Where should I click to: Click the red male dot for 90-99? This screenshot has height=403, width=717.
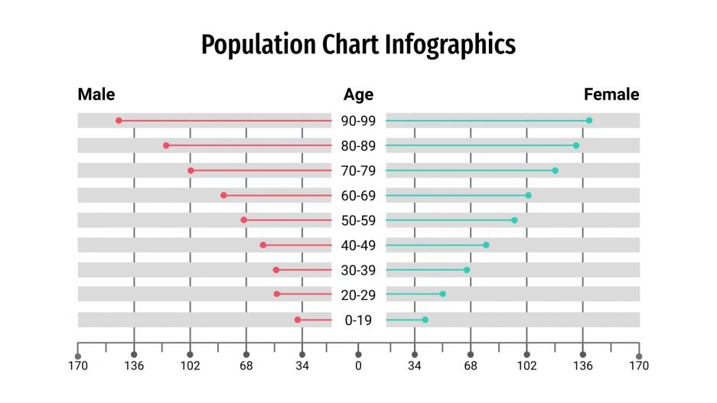pos(119,121)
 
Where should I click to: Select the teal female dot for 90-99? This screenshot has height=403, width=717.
pos(588,121)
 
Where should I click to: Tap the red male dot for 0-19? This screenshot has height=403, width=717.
pos(298,320)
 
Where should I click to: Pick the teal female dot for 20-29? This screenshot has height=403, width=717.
pos(442,294)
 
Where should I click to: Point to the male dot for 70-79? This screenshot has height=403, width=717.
pos(191,171)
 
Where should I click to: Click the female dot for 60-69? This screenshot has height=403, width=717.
pos(528,196)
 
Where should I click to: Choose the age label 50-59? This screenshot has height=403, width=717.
pos(358,220)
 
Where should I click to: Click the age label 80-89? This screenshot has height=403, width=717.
pos(358,145)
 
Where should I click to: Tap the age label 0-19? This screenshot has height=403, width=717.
pos(358,320)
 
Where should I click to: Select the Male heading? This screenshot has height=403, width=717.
pos(96,95)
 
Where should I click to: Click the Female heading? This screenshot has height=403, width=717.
pos(611,95)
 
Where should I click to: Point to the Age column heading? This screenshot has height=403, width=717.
pos(358,95)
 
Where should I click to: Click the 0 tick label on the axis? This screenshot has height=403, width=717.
pos(358,366)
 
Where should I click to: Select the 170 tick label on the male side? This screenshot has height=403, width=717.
pos(78,366)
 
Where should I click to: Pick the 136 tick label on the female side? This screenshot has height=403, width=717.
pos(583,366)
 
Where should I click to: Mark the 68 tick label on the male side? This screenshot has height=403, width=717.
pos(246,366)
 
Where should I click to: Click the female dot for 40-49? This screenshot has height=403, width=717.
pos(486,245)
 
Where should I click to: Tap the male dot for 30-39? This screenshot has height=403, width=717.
pos(276,270)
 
